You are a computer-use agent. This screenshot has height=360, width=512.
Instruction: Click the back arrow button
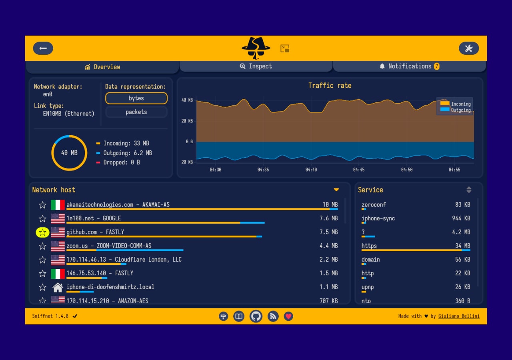pyautogui.click(x=43, y=48)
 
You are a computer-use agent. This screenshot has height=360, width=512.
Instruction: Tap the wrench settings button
pyautogui.click(x=468, y=48)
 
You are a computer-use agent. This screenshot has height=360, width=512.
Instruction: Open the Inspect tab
pyautogui.click(x=256, y=66)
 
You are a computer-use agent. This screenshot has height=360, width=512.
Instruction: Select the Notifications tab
pyautogui.click(x=409, y=66)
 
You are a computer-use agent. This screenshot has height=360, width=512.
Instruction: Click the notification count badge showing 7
pyautogui.click(x=436, y=66)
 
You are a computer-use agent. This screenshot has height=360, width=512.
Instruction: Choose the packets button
pyautogui.click(x=136, y=112)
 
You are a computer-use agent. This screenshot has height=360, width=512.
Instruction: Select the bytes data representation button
pyautogui.click(x=136, y=98)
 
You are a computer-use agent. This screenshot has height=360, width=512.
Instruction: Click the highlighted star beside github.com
pyautogui.click(x=42, y=232)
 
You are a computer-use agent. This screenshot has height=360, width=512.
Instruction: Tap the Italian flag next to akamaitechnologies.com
pyautogui.click(x=58, y=205)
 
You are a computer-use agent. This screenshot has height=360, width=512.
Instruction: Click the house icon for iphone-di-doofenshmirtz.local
pyautogui.click(x=58, y=287)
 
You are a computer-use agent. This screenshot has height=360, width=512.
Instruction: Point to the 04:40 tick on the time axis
pyautogui.click(x=311, y=170)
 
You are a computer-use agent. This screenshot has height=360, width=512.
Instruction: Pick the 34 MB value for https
pyautogui.click(x=462, y=246)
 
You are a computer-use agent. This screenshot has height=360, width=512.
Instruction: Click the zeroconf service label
pyautogui.click(x=374, y=204)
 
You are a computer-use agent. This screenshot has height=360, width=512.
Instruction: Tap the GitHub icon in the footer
pyautogui.click(x=256, y=316)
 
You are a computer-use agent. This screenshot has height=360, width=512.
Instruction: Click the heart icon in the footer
pyautogui.click(x=288, y=316)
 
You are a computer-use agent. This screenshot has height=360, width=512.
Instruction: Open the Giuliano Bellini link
pyautogui.click(x=459, y=316)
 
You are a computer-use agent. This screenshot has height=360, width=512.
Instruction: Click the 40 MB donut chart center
pyautogui.click(x=69, y=153)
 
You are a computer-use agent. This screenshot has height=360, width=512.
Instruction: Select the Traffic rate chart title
pyautogui.click(x=330, y=86)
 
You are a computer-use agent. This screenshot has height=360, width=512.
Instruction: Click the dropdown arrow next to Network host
pyautogui.click(x=336, y=190)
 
